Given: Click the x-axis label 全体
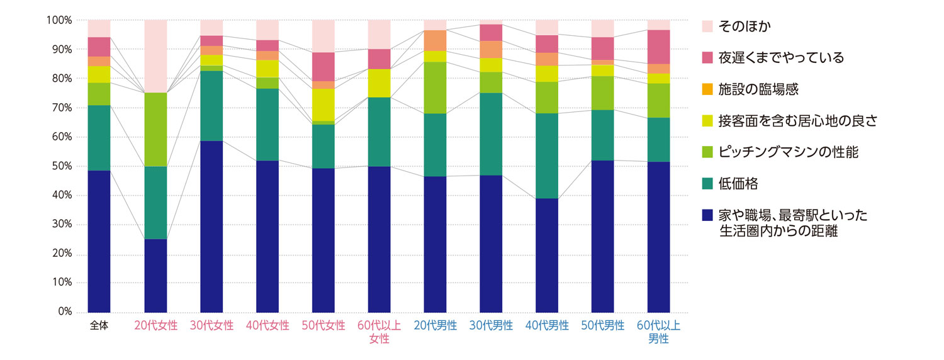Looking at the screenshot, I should [x=99, y=326].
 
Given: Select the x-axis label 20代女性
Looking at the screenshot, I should [x=155, y=326].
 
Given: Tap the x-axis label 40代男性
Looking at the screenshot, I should [x=547, y=326].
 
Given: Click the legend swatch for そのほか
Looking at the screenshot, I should [x=707, y=26].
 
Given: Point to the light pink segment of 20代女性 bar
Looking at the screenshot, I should [x=155, y=56].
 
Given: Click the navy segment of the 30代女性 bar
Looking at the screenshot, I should [x=211, y=227].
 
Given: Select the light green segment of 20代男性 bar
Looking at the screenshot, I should [x=435, y=87].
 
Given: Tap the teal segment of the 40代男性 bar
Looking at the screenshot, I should [x=547, y=155].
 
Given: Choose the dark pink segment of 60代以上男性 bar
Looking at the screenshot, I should [x=659, y=47].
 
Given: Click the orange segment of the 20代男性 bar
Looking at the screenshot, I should [x=435, y=40].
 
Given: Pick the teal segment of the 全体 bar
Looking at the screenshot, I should [x=99, y=138].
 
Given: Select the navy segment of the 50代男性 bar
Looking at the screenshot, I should [x=603, y=236].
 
